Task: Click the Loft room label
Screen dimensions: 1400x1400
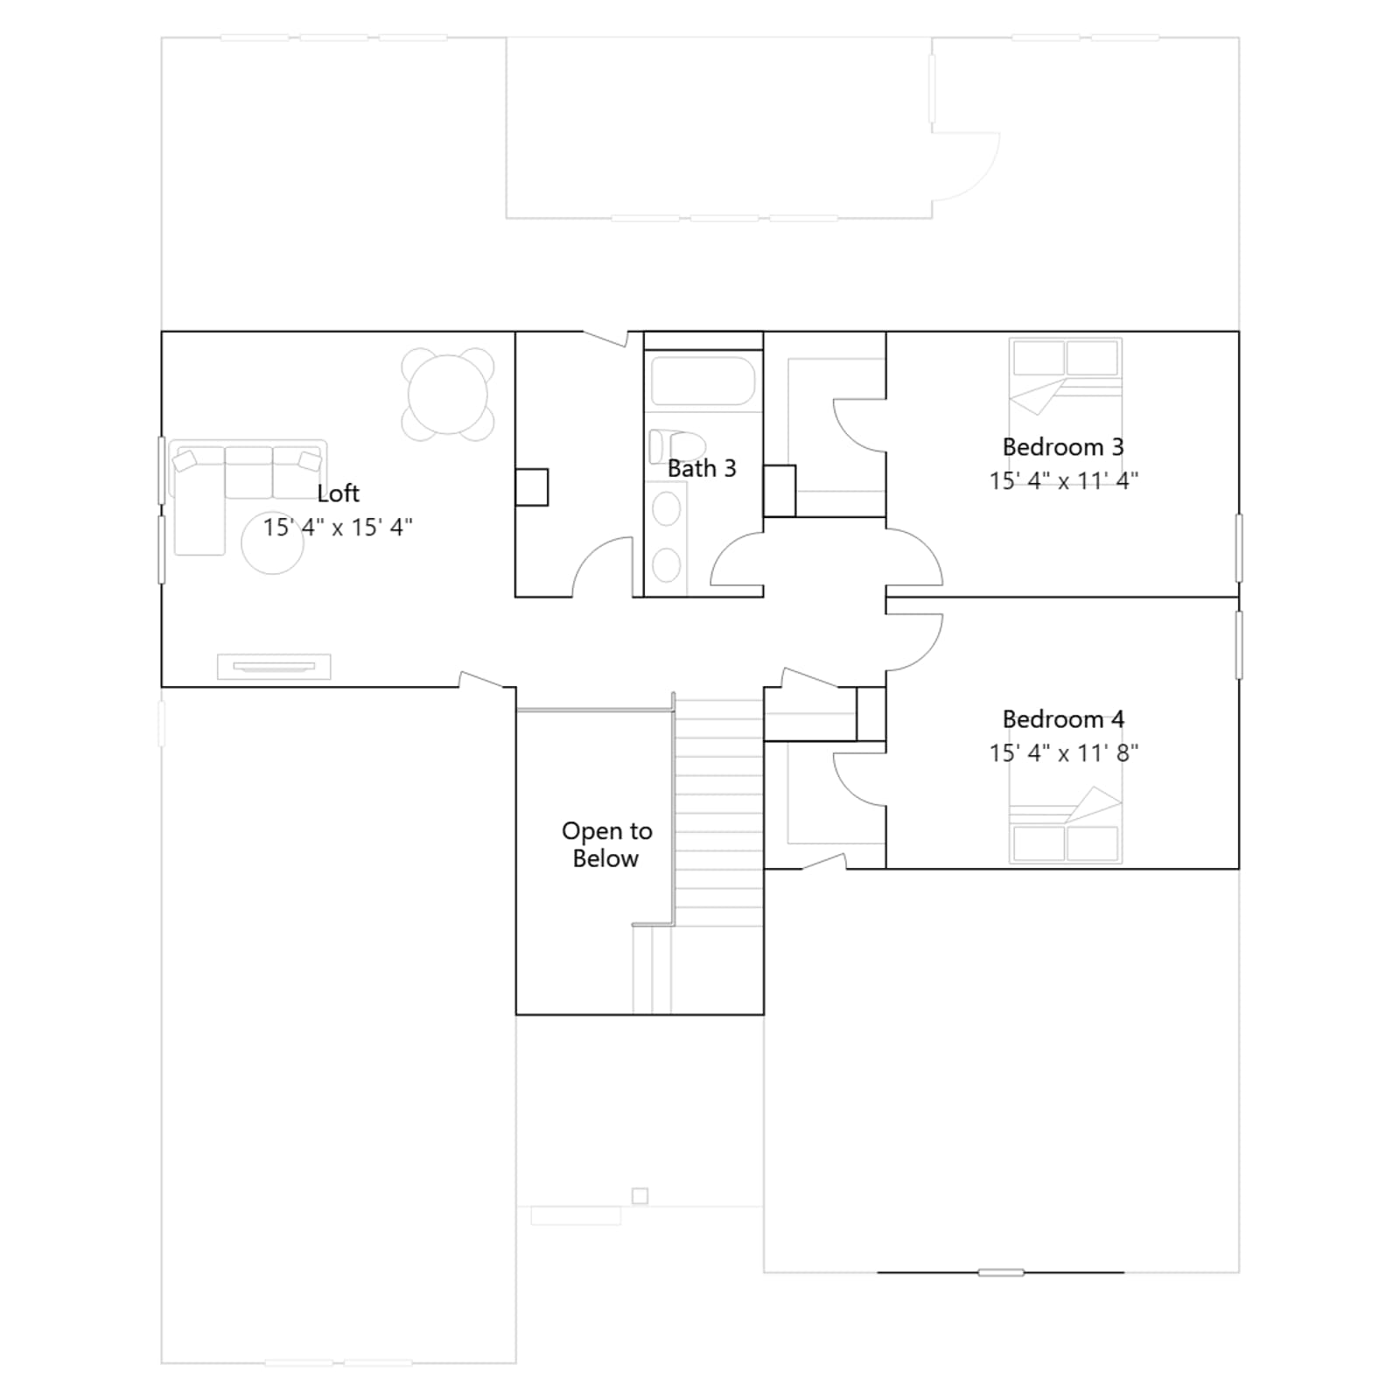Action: pyautogui.click(x=338, y=493)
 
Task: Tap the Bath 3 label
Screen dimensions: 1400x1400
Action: pyautogui.click(x=702, y=468)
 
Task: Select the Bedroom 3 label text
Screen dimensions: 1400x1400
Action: pyautogui.click(x=1063, y=447)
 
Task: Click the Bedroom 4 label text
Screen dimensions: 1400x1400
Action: pyautogui.click(x=1063, y=719)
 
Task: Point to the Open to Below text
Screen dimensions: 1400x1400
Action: pyautogui.click(x=606, y=844)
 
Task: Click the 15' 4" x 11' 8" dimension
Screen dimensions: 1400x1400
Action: pyautogui.click(x=1063, y=752)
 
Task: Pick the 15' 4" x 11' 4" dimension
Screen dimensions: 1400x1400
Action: pyautogui.click(x=1063, y=480)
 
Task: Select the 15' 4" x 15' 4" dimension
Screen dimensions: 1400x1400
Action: pyautogui.click(x=338, y=527)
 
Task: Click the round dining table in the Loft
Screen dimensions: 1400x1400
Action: pyautogui.click(x=448, y=394)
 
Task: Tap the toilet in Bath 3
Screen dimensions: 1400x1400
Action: pyautogui.click(x=676, y=446)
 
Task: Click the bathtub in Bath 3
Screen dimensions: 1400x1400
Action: pyautogui.click(x=703, y=381)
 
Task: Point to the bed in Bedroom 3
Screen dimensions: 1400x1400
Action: pyautogui.click(x=1065, y=411)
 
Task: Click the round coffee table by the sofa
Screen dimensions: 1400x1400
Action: pyautogui.click(x=272, y=542)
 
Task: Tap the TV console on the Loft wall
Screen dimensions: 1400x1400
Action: pyautogui.click(x=274, y=667)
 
